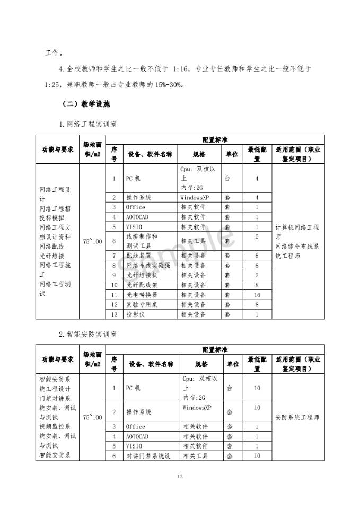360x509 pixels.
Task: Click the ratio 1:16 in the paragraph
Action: [180, 69]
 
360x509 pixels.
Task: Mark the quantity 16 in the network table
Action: [257, 295]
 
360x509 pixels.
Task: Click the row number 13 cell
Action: [114, 314]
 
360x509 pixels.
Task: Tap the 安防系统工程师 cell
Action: [297, 417]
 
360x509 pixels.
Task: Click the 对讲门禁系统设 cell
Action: [148, 456]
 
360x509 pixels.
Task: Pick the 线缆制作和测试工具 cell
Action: [142, 241]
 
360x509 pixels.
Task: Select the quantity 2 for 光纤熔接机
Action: [257, 275]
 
